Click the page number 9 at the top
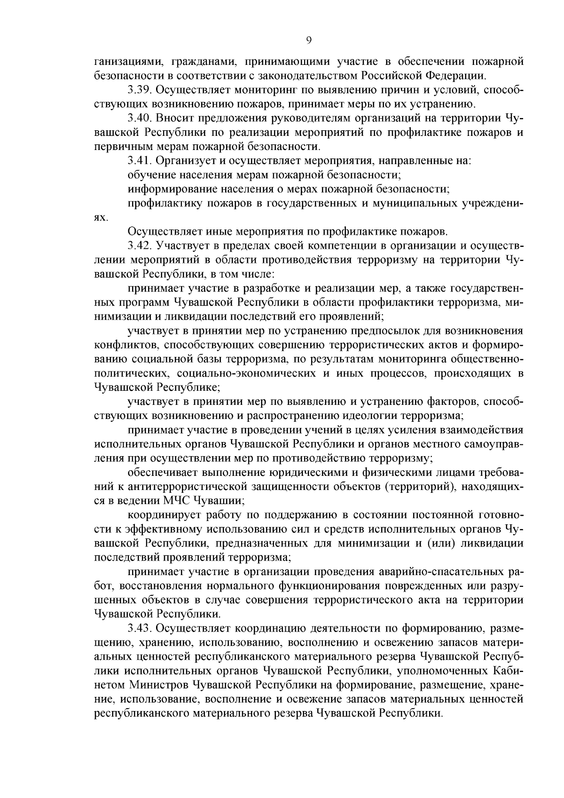308,40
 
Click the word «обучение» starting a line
148,175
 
